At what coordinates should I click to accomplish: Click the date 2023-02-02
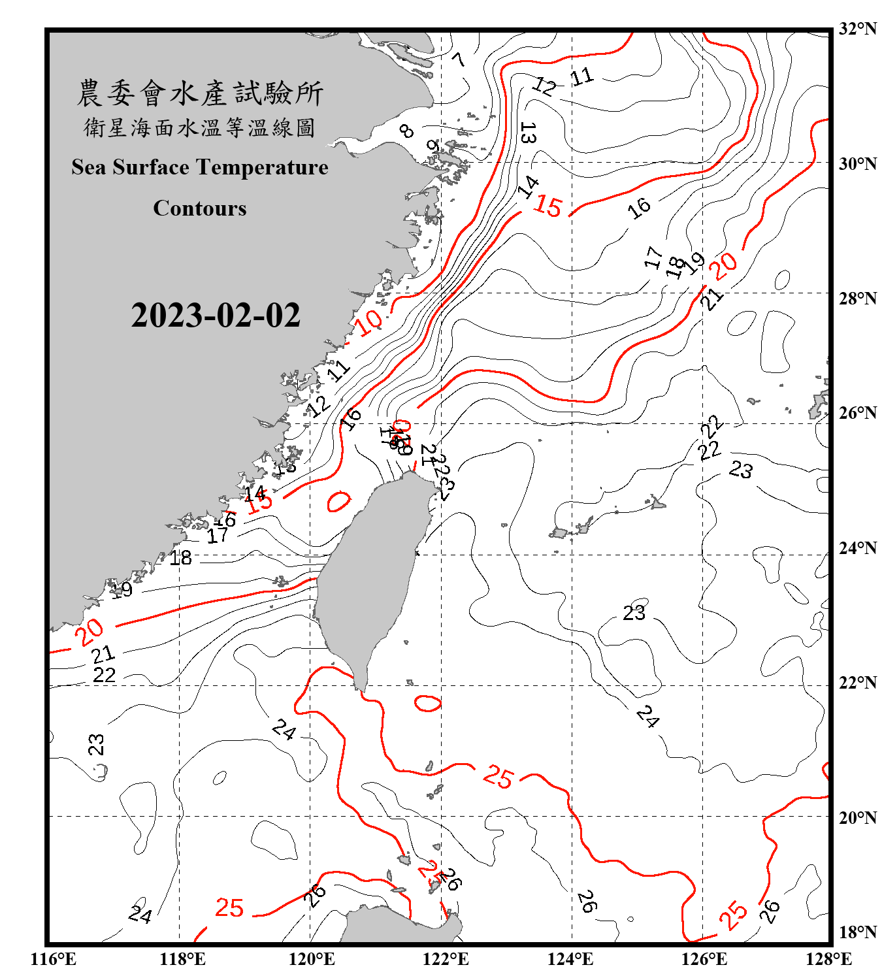coord(216,316)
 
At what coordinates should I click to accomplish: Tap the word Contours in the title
coord(200,208)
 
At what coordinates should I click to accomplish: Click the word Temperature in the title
coord(262,167)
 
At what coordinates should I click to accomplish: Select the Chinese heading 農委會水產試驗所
coord(200,93)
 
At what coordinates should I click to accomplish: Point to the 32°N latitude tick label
coord(857,29)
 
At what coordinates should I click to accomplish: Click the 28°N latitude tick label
coord(857,299)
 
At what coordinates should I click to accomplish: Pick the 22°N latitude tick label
coord(857,683)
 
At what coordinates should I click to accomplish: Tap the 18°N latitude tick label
coord(857,932)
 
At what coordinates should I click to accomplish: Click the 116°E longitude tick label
coord(53,959)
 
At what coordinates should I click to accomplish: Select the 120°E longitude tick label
coord(312,959)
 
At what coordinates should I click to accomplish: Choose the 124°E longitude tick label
coord(570,959)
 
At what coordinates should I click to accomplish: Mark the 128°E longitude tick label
coord(828,959)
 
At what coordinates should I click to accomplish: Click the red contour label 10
coord(370,321)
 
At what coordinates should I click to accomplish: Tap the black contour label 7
coord(459,59)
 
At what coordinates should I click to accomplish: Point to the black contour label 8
coord(406,131)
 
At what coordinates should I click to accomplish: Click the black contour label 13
coord(528,133)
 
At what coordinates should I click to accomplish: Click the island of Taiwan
coord(369,575)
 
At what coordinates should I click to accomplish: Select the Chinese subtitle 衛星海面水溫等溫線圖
coord(200,127)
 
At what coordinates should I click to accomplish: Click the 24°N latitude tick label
coord(857,548)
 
